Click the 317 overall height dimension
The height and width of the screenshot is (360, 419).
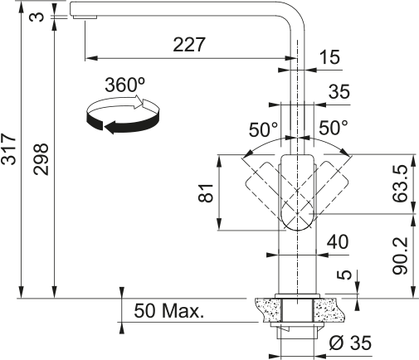(x=8, y=149)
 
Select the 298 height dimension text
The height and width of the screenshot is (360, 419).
(x=41, y=159)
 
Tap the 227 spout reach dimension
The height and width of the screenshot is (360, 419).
(x=189, y=44)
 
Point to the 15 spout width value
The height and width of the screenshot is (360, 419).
(x=329, y=57)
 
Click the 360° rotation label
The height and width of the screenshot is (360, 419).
(x=125, y=85)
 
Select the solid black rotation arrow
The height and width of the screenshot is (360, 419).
(x=123, y=124)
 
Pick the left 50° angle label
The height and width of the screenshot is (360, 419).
(x=263, y=129)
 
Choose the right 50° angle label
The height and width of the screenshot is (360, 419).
(x=334, y=128)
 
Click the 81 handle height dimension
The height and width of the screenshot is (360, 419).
(x=206, y=192)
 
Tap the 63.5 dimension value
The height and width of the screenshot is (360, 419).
(x=400, y=183)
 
